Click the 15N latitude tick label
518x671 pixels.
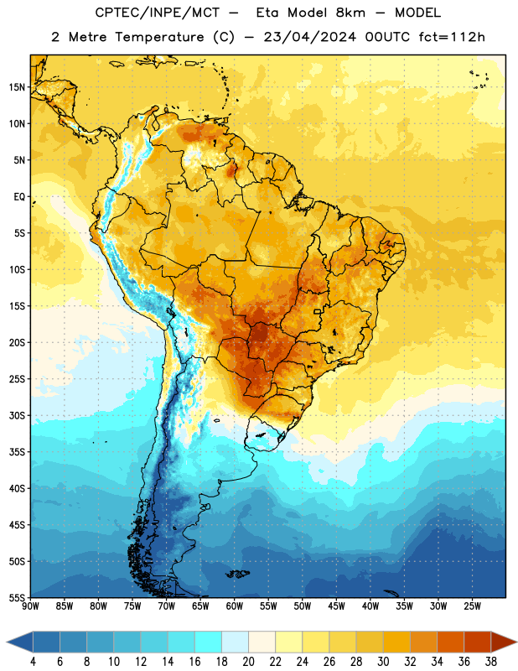(17, 87)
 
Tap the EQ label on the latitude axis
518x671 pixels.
(19, 197)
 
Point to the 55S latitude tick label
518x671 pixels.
(17, 597)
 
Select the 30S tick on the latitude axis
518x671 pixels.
(17, 415)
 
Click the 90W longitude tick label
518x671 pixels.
(30, 606)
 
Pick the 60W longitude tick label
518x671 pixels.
(235, 606)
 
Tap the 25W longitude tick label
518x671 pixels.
(472, 606)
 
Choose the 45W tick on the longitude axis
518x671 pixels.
(336, 606)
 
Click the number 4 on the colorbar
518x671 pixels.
(33, 662)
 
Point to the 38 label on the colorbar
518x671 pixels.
(490, 662)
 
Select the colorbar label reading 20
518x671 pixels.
(248, 662)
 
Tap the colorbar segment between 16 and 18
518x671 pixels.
(209, 642)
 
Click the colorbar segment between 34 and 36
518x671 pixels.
(450, 642)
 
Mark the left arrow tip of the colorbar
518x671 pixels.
(7, 642)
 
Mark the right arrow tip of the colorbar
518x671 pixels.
(516, 642)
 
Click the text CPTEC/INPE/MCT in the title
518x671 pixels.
(157, 13)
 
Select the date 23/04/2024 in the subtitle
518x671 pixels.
(309, 37)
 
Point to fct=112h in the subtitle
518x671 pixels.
(452, 37)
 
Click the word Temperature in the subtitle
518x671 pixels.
(159, 37)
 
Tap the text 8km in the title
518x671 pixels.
(350, 13)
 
